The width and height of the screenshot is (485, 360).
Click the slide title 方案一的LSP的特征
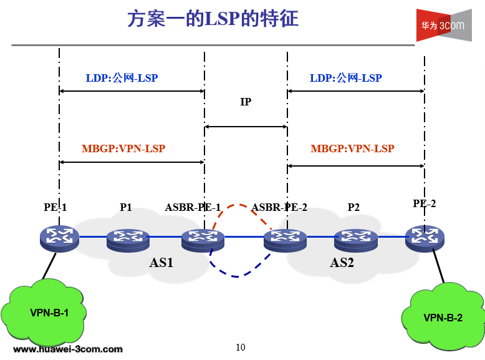[213, 19]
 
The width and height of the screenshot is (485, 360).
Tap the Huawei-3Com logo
[444, 26]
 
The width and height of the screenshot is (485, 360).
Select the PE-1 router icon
[59, 237]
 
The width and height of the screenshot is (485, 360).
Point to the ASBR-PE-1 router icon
[203, 238]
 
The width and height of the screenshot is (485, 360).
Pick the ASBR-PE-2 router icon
[284, 238]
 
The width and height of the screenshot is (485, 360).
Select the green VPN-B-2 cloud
[443, 316]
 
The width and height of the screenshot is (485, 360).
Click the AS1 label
[161, 263]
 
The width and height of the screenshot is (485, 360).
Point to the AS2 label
[342, 263]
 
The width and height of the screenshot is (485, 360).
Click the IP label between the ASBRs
[246, 102]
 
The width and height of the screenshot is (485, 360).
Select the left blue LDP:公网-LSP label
[122, 78]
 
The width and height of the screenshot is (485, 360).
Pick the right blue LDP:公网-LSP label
[345, 78]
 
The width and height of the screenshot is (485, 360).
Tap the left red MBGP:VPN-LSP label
[123, 148]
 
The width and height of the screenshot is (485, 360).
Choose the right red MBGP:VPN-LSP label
[352, 148]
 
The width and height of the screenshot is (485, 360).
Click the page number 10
[241, 348]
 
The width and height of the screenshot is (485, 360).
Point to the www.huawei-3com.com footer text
[68, 349]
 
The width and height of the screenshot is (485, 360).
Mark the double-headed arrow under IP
[246, 127]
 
